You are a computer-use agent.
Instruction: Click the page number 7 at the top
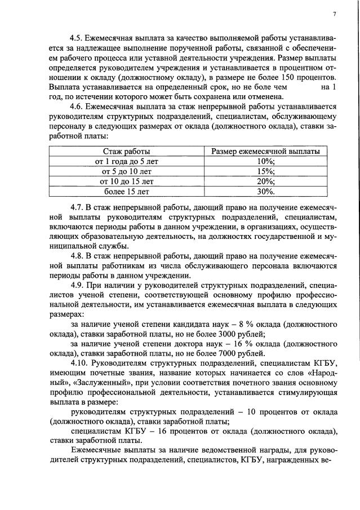tap(334, 14)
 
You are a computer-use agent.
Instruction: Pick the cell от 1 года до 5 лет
tap(126, 161)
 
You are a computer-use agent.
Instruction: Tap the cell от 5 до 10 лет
tap(126, 171)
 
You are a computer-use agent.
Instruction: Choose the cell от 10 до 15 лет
tap(126, 181)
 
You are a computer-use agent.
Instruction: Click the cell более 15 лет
tap(126, 192)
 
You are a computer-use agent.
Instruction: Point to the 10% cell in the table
tap(265, 161)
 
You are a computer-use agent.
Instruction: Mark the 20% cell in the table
tap(265, 181)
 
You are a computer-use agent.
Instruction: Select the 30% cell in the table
tap(265, 192)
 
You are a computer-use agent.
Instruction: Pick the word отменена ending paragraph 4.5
tap(254, 96)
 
